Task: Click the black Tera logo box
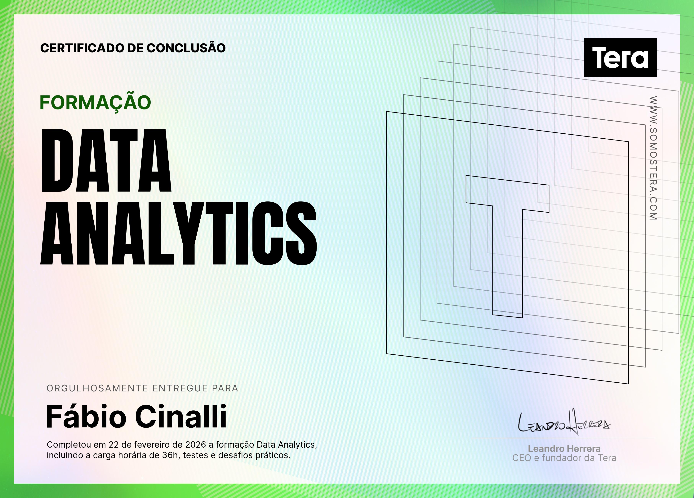(621, 57)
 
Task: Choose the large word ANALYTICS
(179, 233)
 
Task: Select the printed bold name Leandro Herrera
(564, 449)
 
